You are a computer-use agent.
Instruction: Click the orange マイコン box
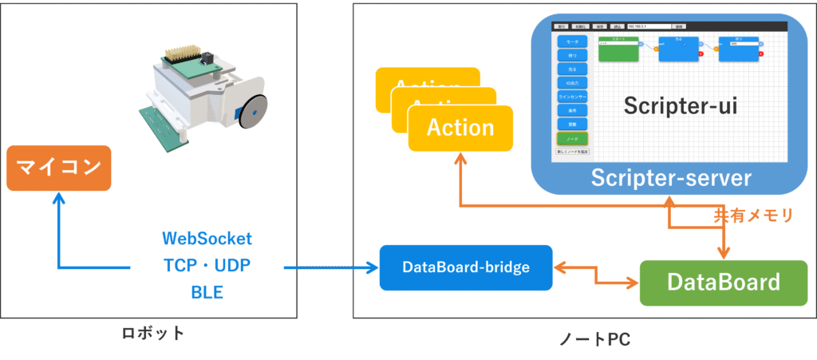[x=59, y=168]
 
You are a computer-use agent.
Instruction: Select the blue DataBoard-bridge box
[x=466, y=267]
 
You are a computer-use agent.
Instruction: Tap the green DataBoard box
[x=723, y=282]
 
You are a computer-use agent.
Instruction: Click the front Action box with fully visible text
[x=460, y=127]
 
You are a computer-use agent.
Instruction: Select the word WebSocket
[x=207, y=239]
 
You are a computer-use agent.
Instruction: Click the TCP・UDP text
[x=207, y=266]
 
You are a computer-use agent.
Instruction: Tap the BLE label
[x=207, y=293]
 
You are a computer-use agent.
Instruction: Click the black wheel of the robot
[x=251, y=111]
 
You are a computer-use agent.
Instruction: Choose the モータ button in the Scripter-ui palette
[x=572, y=41]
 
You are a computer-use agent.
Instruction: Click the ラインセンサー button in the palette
[x=572, y=96]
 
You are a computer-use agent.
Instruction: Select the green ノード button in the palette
[x=572, y=137]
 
